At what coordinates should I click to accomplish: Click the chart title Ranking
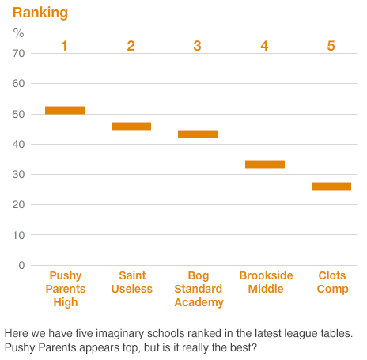pyautogui.click(x=40, y=13)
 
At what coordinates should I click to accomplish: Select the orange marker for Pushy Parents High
pyautogui.click(x=65, y=110)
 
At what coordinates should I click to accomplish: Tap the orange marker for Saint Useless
pyautogui.click(x=131, y=126)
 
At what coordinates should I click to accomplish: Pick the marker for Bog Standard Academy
pyautogui.click(x=198, y=134)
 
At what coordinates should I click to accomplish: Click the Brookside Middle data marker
pyautogui.click(x=265, y=164)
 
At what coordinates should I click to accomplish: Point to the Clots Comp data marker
pyautogui.click(x=331, y=186)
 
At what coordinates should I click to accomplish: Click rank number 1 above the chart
pyautogui.click(x=65, y=46)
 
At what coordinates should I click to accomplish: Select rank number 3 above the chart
pyautogui.click(x=198, y=46)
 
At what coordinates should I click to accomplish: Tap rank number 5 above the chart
pyautogui.click(x=331, y=46)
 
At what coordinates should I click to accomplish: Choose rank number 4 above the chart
pyautogui.click(x=265, y=46)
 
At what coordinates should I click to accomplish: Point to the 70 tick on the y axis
pyautogui.click(x=18, y=53)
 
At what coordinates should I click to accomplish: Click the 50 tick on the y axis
pyautogui.click(x=18, y=114)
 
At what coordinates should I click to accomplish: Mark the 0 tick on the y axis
pyautogui.click(x=21, y=265)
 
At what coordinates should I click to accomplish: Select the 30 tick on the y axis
pyautogui.click(x=18, y=174)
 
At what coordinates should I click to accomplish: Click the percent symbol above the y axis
pyautogui.click(x=19, y=33)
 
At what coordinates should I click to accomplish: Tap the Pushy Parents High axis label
pyautogui.click(x=66, y=289)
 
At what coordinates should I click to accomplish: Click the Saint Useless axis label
pyautogui.click(x=132, y=282)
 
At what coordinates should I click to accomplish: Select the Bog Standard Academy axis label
pyautogui.click(x=199, y=289)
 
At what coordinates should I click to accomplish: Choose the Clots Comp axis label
pyautogui.click(x=332, y=282)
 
